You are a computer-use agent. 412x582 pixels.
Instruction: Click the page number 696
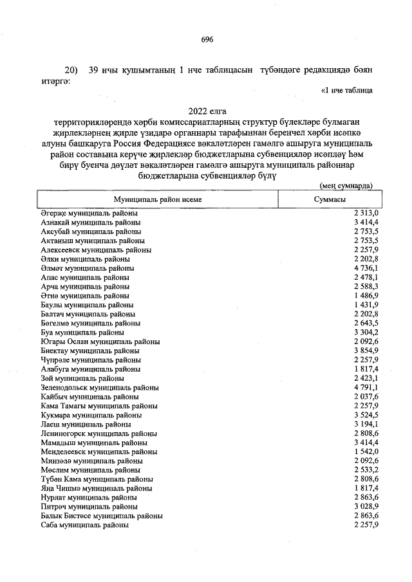click(x=206, y=39)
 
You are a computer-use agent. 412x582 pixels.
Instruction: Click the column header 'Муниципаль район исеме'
click(x=158, y=199)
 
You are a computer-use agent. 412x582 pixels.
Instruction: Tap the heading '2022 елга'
click(x=206, y=111)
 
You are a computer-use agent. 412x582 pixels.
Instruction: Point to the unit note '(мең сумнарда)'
click(x=346, y=185)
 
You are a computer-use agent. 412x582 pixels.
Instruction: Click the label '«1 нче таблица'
click(x=346, y=91)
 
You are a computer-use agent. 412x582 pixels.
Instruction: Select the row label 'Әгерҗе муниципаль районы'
click(x=89, y=212)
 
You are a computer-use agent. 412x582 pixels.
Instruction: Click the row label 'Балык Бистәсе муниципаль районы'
click(x=101, y=516)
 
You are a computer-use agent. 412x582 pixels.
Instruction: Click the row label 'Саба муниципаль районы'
click(x=84, y=525)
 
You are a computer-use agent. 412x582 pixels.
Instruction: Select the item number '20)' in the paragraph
click(x=71, y=69)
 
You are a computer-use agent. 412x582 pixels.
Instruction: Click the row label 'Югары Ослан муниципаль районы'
click(x=100, y=341)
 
